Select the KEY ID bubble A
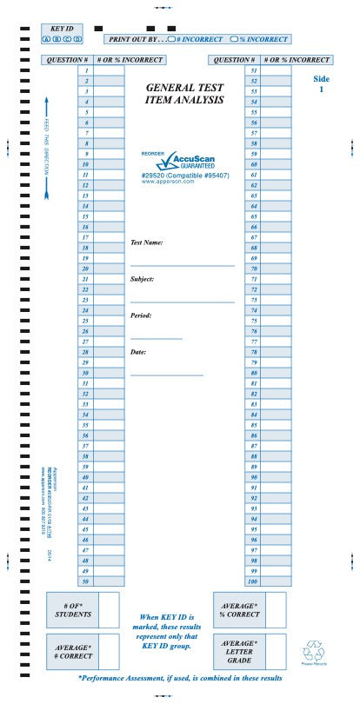pos(45,39)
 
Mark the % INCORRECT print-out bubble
pos(233,39)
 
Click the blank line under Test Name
pos(182,264)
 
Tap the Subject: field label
pos(143,279)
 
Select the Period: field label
pos(141,315)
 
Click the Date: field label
pos(138,352)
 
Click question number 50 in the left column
pos(85,581)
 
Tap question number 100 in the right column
pos(253,581)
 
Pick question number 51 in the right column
pos(253,70)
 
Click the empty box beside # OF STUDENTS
pos(108,609)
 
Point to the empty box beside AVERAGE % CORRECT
pos(275,609)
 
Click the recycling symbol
pos(313,651)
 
